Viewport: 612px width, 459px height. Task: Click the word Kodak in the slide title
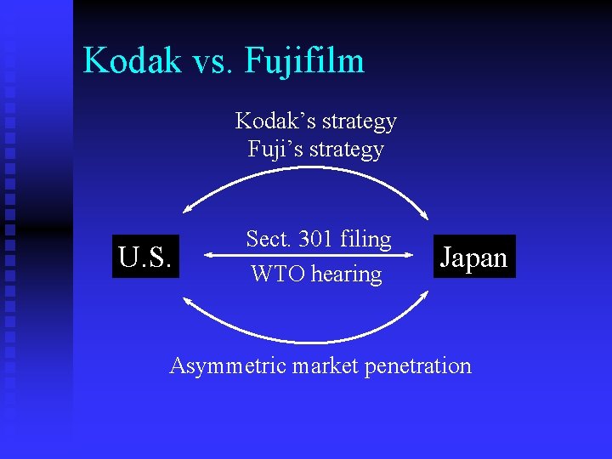click(133, 61)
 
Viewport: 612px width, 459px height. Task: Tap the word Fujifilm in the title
click(304, 61)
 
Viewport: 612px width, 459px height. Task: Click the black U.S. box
click(146, 256)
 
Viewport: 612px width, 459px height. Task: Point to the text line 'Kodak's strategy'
click(316, 122)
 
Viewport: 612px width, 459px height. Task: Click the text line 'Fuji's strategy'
click(316, 150)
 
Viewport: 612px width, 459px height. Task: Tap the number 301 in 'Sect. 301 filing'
click(316, 239)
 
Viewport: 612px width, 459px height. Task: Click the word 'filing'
click(365, 240)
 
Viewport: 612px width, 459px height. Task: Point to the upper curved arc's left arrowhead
click(188, 211)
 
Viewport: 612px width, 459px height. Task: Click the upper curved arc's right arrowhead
click(428, 216)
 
